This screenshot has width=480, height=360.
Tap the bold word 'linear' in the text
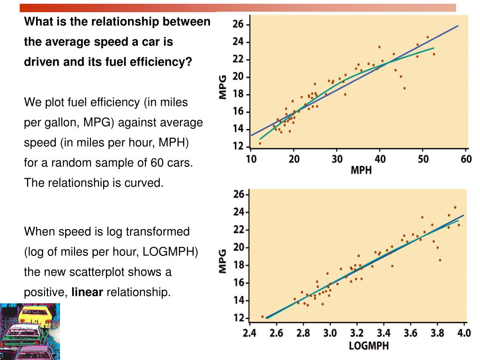click(87, 292)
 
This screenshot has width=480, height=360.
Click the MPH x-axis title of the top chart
click(361, 170)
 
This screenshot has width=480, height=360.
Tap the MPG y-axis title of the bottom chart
click(223, 261)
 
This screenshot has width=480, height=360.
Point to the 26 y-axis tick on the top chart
click(238, 24)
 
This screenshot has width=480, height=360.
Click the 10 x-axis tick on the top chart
click(251, 159)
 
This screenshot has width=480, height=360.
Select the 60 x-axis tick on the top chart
click(466, 159)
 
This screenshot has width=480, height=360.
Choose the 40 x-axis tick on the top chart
click(380, 159)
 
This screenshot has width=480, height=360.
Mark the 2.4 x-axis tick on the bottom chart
click(250, 333)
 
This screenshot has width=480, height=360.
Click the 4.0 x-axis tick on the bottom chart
click(464, 333)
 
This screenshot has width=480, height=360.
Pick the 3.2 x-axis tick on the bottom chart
click(357, 333)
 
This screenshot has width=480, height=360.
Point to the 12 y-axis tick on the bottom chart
click(238, 318)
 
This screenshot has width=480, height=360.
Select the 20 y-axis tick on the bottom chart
click(238, 247)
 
